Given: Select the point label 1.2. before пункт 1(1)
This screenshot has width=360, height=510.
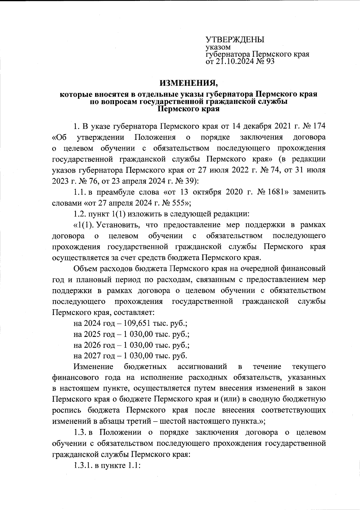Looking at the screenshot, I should click(80, 214).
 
